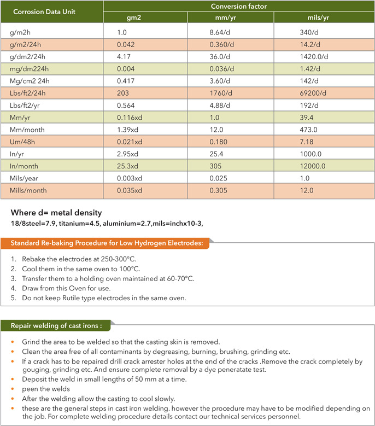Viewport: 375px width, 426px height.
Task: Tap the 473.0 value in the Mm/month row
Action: (x=302, y=130)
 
